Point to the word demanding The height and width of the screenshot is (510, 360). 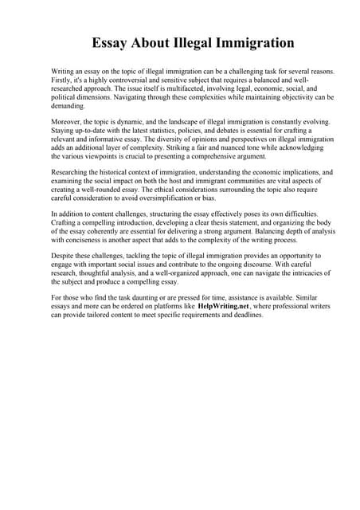67,105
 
